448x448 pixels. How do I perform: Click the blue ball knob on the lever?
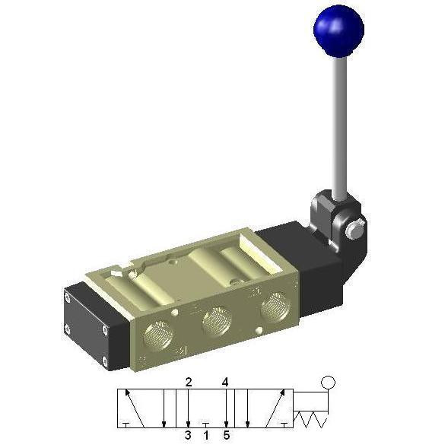pos(338,30)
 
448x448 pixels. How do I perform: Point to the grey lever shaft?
pos(340,127)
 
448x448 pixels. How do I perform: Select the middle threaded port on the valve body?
pos(216,322)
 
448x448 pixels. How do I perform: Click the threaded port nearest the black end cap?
pos(158,336)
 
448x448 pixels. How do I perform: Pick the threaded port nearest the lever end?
pos(275,307)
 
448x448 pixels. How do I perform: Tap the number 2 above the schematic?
pos(189,382)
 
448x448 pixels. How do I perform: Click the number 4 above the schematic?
pos(225,382)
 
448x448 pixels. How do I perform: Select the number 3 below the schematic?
pos(188,435)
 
